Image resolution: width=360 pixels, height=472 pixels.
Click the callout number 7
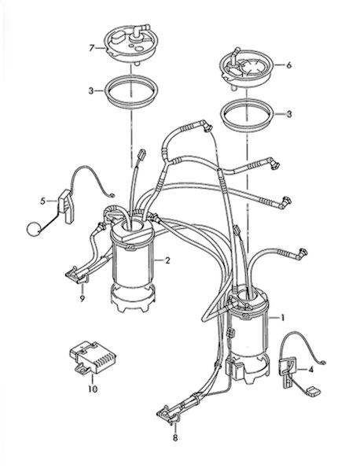click(x=92, y=48)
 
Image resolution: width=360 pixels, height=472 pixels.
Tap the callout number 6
click(x=288, y=65)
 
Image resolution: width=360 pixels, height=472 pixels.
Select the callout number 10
click(x=93, y=389)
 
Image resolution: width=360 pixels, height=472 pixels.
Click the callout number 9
click(x=82, y=298)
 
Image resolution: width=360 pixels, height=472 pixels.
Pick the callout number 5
click(x=43, y=201)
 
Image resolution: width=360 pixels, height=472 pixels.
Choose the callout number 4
click(x=310, y=370)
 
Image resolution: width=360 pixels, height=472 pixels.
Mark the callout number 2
click(x=167, y=260)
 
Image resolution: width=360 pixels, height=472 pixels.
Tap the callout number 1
click(x=282, y=318)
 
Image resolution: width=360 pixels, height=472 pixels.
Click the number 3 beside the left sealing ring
click(x=91, y=90)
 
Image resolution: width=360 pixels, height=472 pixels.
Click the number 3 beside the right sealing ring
click(x=289, y=114)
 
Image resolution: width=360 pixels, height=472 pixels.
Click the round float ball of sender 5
click(x=33, y=230)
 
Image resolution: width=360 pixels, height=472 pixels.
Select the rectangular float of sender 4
click(x=313, y=392)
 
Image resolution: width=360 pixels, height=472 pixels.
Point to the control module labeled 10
click(x=93, y=356)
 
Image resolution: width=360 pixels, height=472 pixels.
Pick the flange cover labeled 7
click(x=131, y=44)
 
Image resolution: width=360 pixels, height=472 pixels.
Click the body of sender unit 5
click(x=67, y=206)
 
